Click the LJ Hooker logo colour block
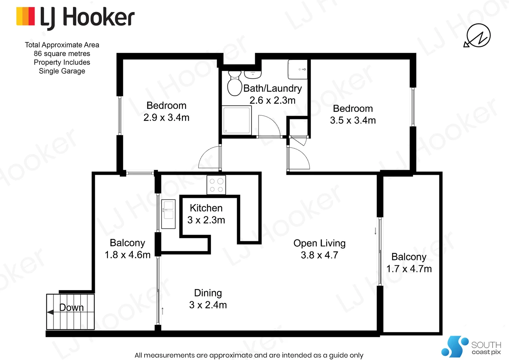point(25,16)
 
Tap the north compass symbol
point(478,35)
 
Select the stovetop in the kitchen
point(216,185)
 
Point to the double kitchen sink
point(168,214)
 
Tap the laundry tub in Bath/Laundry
point(297,69)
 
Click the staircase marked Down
point(70,312)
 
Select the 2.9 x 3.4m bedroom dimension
point(166,118)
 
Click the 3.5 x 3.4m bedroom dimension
point(353,120)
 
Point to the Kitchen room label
point(206,208)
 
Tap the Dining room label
point(208,293)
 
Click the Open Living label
point(319,243)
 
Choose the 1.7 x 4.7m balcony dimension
point(409,269)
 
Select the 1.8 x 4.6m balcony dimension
point(127,255)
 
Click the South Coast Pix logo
point(471,347)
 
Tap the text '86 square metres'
point(62,54)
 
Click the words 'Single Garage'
point(62,71)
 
